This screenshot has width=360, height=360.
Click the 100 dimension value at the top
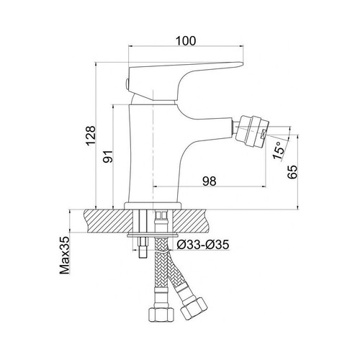[x=186, y=41]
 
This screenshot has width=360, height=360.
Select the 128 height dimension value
[x=91, y=135]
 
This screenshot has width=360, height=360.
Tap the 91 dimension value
[x=108, y=156]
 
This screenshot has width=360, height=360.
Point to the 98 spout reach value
[x=210, y=181]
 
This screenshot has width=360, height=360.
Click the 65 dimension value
[x=292, y=172]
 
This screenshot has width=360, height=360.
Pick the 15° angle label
[x=279, y=150]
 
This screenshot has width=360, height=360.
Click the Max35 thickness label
[x=64, y=256]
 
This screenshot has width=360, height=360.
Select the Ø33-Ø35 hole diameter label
[x=203, y=245]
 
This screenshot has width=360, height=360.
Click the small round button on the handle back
[x=127, y=84]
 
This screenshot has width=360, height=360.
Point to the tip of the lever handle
[x=243, y=64]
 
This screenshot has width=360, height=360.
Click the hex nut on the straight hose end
[x=161, y=315]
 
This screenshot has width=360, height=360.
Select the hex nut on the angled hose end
[x=194, y=308]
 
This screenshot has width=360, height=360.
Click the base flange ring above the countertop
[x=153, y=206]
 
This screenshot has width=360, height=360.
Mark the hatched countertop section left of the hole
[x=109, y=221]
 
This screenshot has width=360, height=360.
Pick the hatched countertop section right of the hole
[x=189, y=221]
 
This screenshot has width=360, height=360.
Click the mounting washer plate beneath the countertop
[x=153, y=235]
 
